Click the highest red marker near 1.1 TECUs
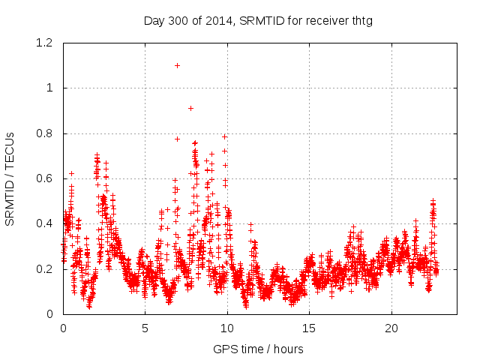pyautogui.click(x=177, y=65)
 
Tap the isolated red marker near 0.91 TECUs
pyautogui.click(x=190, y=108)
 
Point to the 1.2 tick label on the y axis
pyautogui.click(x=46, y=43)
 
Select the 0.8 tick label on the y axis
pyautogui.click(x=46, y=133)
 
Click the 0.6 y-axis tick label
pyautogui.click(x=46, y=178)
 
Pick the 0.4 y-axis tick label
pyautogui.click(x=46, y=223)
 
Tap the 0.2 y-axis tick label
pyautogui.click(x=46, y=268)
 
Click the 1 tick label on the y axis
pyautogui.click(x=52, y=88)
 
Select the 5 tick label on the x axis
pyautogui.click(x=145, y=328)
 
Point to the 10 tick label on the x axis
pyautogui.click(x=227, y=328)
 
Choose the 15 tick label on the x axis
pyautogui.click(x=309, y=328)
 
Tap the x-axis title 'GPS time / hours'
pyautogui.click(x=258, y=349)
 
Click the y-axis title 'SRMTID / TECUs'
pyautogui.click(x=10, y=178)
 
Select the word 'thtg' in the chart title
pyautogui.click(x=361, y=20)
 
